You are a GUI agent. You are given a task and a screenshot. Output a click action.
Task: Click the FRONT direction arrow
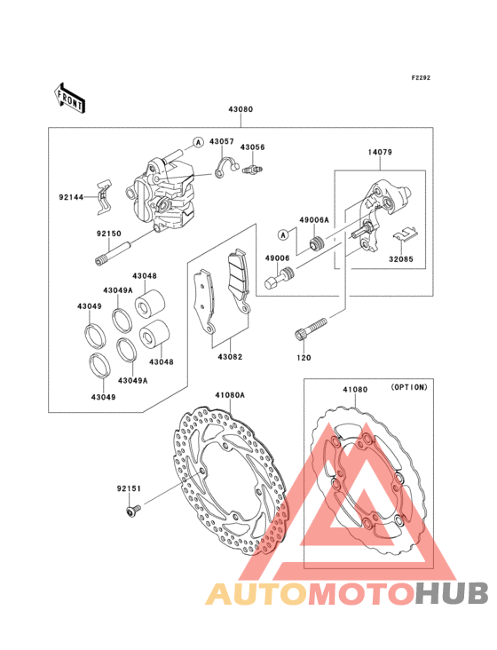click(69, 99)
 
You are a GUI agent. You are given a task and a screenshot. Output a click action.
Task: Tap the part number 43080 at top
click(241, 109)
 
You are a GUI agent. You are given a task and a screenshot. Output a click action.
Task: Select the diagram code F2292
click(421, 77)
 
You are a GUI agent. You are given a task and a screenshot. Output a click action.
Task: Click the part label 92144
click(71, 197)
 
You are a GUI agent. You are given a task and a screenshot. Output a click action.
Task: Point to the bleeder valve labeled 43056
click(253, 169)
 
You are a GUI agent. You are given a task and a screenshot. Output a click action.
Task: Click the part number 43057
click(222, 141)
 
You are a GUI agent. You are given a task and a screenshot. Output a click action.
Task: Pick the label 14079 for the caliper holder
click(380, 152)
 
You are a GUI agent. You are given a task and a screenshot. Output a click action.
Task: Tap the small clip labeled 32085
click(406, 234)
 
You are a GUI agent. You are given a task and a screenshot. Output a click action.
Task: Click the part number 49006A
click(314, 220)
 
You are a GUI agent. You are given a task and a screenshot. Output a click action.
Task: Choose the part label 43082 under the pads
click(230, 357)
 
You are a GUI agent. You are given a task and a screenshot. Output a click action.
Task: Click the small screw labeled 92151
click(133, 510)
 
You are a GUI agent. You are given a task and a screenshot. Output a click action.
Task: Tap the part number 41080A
click(230, 395)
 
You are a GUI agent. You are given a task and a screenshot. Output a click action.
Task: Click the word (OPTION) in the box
click(409, 387)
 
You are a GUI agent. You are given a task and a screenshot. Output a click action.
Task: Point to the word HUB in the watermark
click(453, 593)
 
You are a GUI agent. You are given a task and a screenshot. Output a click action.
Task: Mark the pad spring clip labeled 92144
click(104, 197)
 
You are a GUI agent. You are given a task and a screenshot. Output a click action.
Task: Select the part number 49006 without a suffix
click(278, 258)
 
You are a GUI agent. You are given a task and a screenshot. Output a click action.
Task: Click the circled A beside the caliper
click(199, 142)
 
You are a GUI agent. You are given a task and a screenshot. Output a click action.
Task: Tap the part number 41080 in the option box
click(355, 390)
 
